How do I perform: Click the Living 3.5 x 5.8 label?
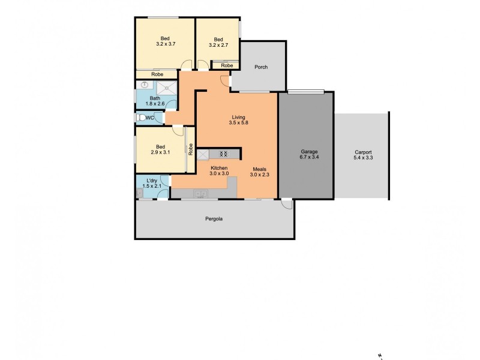[238, 120]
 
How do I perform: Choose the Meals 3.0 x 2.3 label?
[260, 172]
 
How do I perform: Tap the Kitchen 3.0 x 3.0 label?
[219, 170]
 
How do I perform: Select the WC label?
[149, 118]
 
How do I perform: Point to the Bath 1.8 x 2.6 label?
[155, 101]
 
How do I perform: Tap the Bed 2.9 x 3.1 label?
[160, 150]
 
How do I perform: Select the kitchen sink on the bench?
[200, 193]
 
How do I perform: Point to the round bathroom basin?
[145, 86]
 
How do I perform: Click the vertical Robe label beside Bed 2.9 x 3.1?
[191, 149]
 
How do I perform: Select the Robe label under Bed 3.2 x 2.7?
[227, 65]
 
